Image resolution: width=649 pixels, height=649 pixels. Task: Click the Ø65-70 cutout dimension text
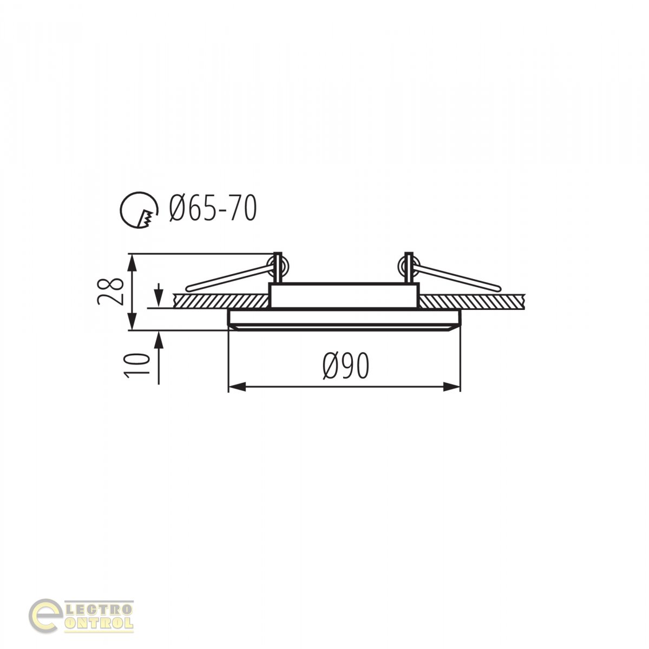click(213, 208)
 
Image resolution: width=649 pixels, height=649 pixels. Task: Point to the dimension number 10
click(137, 365)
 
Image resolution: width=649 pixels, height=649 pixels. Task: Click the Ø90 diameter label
click(346, 367)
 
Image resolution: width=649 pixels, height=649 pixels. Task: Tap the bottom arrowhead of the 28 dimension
click(133, 321)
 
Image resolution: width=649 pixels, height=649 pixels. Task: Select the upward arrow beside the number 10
click(159, 357)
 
